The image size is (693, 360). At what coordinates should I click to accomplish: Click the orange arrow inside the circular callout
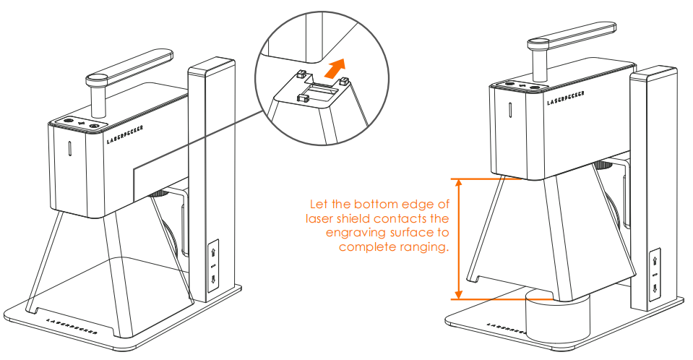point(332,70)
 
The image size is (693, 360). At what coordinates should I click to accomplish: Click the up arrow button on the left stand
point(214,252)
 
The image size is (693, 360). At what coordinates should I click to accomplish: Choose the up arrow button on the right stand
point(654,260)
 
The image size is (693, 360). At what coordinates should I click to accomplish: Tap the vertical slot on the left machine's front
point(70,149)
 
